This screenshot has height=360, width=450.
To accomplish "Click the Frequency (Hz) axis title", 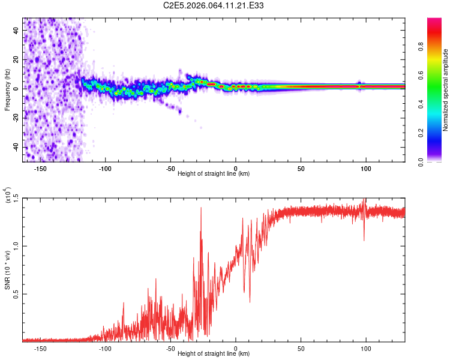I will click(x=7, y=89).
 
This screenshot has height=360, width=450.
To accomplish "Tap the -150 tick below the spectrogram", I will click(x=41, y=167).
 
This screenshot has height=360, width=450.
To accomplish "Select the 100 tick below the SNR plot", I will click(x=365, y=347).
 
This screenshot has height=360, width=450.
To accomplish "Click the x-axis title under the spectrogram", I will click(x=214, y=173).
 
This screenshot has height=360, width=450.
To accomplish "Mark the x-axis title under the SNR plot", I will click(x=214, y=353).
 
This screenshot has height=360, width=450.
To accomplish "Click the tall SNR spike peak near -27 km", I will click(x=200, y=208).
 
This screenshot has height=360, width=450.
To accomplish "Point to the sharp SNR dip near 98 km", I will click(x=364, y=241).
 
